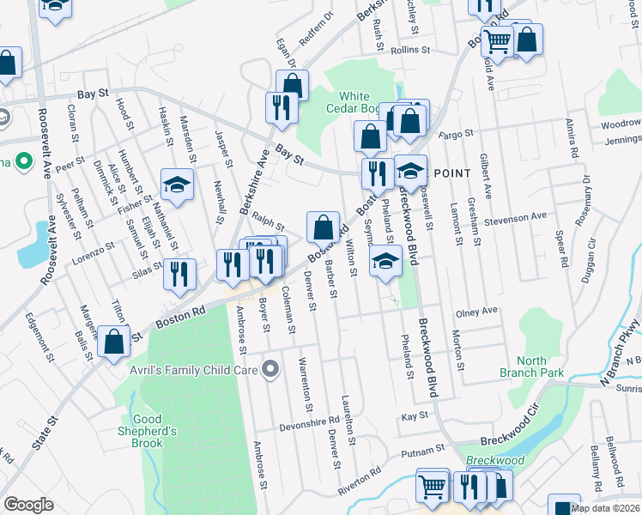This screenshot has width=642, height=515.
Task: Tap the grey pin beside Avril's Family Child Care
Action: pyautogui.click(x=271, y=370)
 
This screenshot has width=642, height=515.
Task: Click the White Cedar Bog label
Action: pyautogui.click(x=353, y=101)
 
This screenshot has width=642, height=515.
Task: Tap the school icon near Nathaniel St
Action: pyautogui.click(x=177, y=185)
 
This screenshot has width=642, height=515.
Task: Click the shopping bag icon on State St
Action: pyautogui.click(x=113, y=341)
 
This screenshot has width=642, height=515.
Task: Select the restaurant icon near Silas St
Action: pyautogui.click(x=179, y=274)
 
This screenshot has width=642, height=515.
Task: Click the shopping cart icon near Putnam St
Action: pyautogui.click(x=433, y=486)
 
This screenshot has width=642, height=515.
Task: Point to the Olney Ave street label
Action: pyautogui.click(x=477, y=312)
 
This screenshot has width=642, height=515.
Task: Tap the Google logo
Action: pyautogui.click(x=28, y=505)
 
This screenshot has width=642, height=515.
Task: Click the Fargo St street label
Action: pyautogui.click(x=456, y=134)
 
